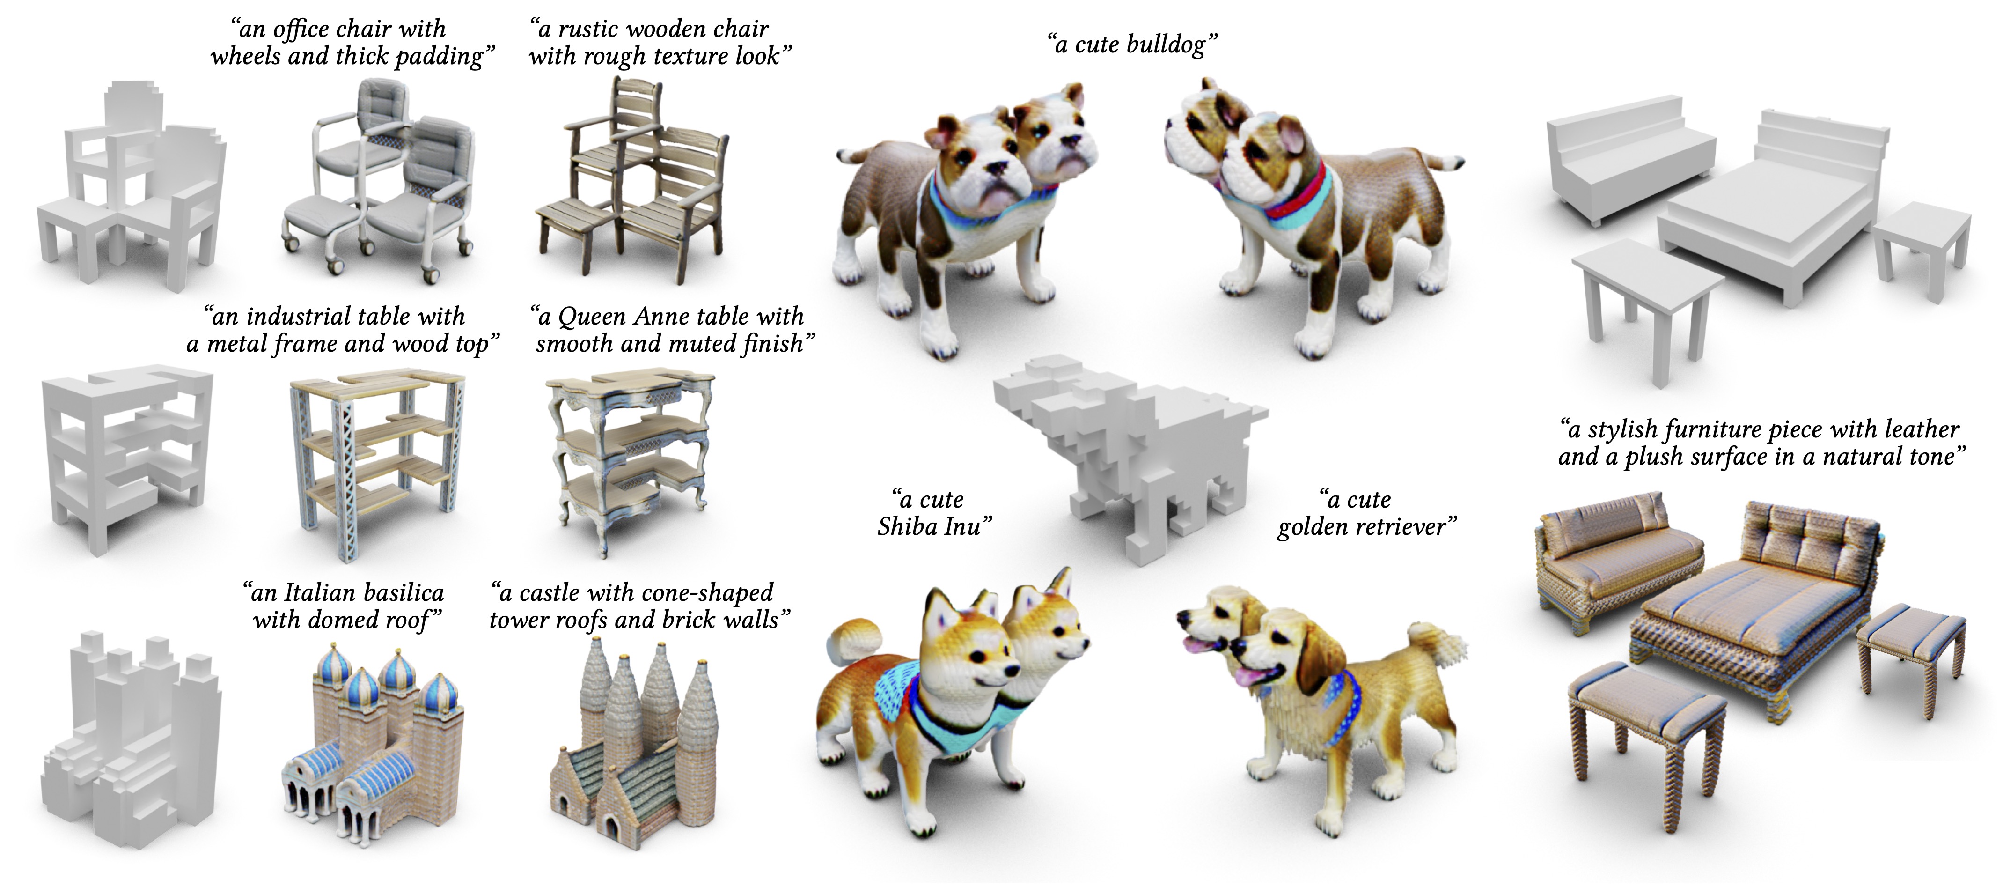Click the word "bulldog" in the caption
pyautogui.click(x=1162, y=45)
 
